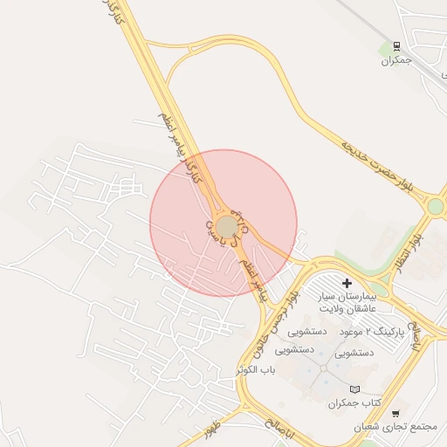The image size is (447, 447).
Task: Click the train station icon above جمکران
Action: tap(396, 45)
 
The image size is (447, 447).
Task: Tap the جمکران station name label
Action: tap(395, 60)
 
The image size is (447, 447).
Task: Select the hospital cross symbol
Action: tap(347, 283)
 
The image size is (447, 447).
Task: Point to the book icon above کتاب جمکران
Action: tap(354, 389)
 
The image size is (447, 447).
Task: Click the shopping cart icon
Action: tap(395, 413)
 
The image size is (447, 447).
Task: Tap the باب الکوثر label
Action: tap(255, 370)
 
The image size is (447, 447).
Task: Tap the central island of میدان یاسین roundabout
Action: tap(227, 227)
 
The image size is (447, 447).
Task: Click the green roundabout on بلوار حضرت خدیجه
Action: tap(435, 206)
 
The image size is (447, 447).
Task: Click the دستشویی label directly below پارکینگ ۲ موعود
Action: tap(354, 353)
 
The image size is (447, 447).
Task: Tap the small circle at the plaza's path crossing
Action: tap(325, 368)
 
